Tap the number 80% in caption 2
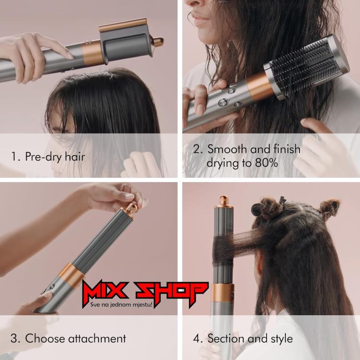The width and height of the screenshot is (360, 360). (x=266, y=163)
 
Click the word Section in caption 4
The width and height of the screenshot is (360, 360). (x=226, y=339)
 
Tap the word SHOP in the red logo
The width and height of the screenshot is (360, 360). (x=171, y=290)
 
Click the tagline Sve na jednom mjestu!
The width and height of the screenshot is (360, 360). (x=122, y=305)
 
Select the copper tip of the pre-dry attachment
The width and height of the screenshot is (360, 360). (x=158, y=42)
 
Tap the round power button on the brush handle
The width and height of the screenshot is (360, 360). (x=223, y=102)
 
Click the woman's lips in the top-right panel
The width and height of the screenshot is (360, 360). (x=199, y=19)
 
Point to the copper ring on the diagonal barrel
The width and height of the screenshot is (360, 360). (x=71, y=275)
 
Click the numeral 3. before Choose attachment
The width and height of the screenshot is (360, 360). (x=15, y=339)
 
